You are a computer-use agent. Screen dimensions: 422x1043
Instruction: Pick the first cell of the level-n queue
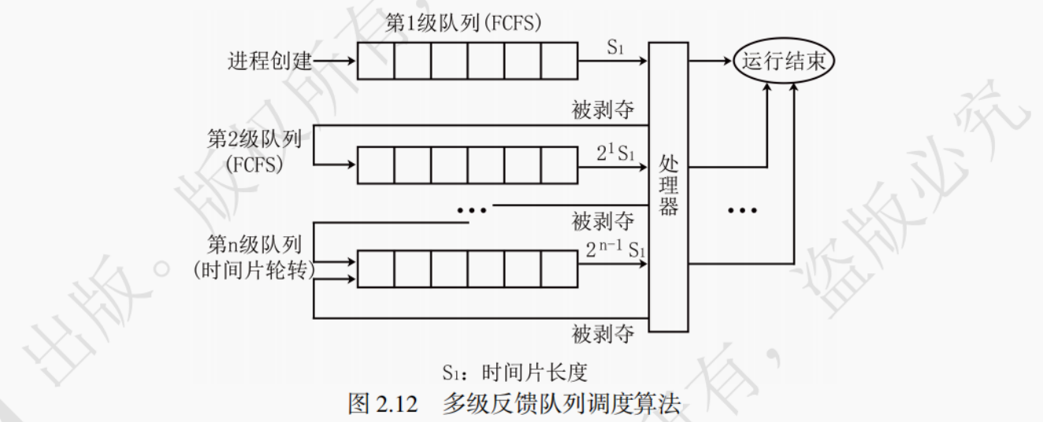pos(376,268)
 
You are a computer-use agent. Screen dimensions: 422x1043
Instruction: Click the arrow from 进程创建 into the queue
pos(335,61)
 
